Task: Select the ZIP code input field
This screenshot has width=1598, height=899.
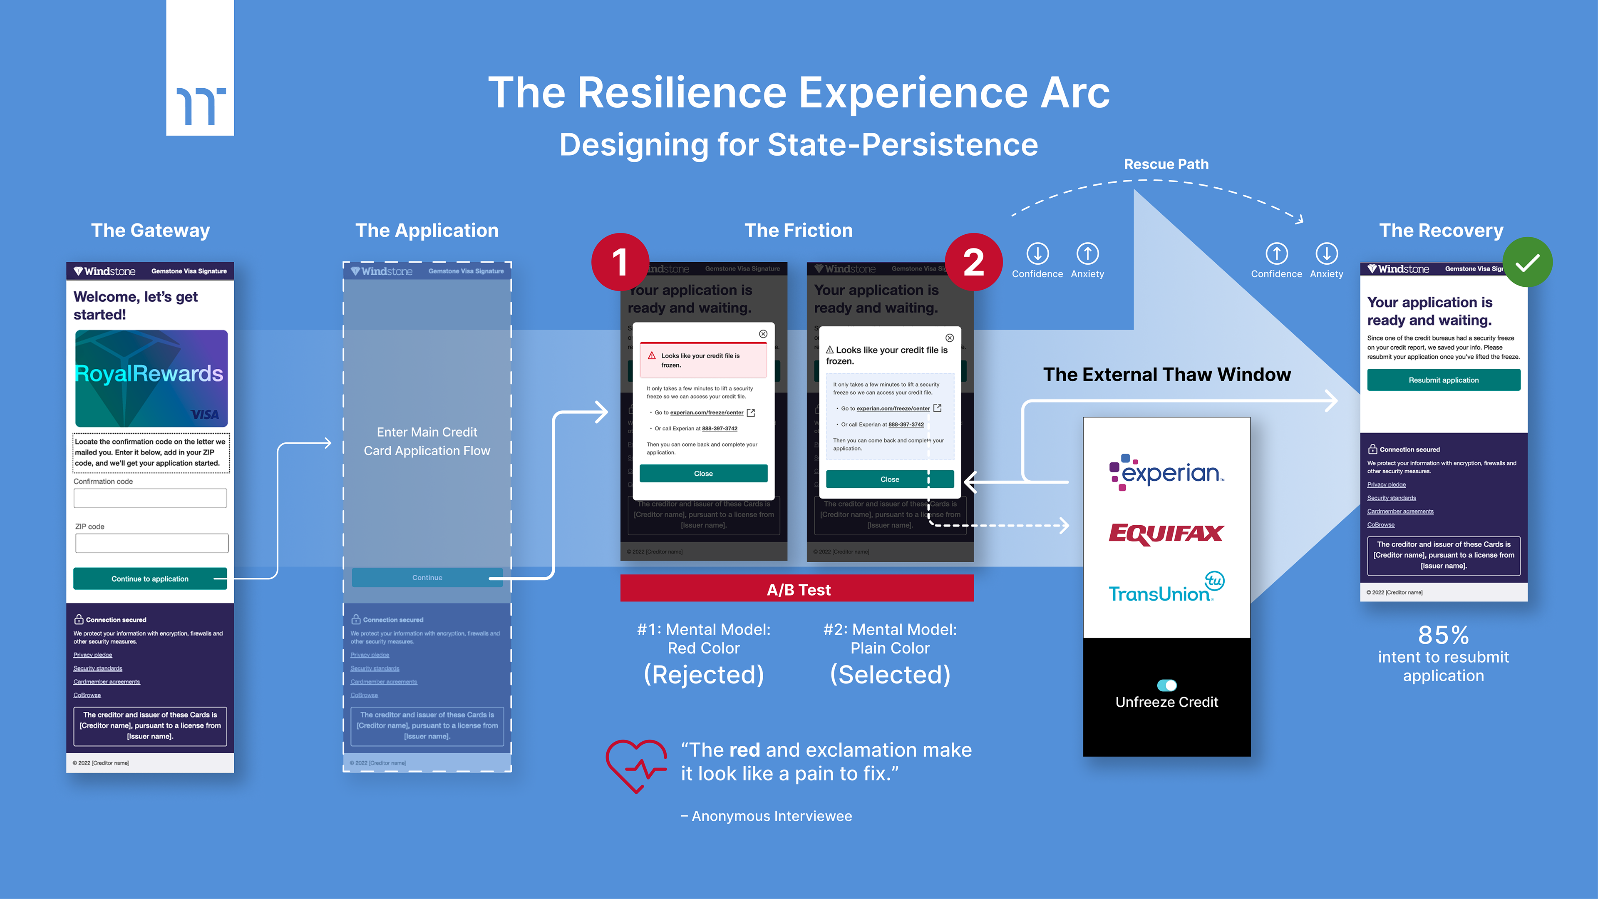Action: tap(151, 543)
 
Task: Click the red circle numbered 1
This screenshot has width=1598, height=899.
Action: tap(620, 261)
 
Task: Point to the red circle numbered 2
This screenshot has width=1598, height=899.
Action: tap(973, 261)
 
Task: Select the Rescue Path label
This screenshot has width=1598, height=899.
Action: tap(1166, 164)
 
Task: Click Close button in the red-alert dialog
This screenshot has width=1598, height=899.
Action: tap(703, 473)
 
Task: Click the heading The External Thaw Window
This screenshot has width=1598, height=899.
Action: tap(1166, 374)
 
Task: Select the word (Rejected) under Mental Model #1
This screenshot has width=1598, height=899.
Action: tap(703, 674)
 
